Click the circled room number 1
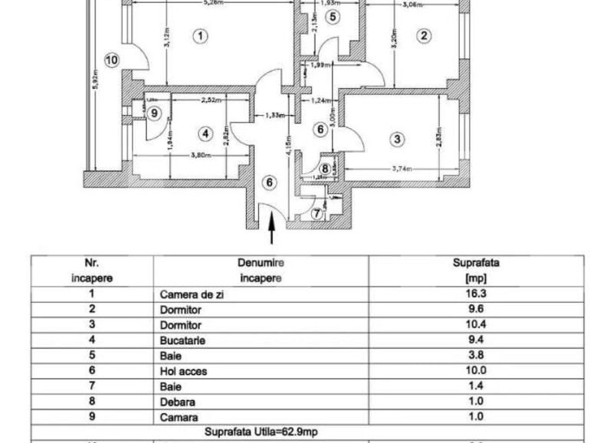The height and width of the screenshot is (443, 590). (x=200, y=35)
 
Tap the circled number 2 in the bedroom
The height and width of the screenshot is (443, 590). (x=424, y=34)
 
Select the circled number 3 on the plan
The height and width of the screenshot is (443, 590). (x=397, y=139)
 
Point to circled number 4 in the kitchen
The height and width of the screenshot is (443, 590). (x=205, y=133)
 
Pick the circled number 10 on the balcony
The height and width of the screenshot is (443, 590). (x=111, y=60)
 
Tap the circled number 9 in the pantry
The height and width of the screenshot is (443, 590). (x=155, y=113)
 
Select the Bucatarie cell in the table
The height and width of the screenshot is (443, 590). (x=182, y=340)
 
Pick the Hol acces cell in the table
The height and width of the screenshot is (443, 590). (x=183, y=371)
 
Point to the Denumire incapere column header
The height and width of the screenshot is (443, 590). (x=261, y=270)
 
